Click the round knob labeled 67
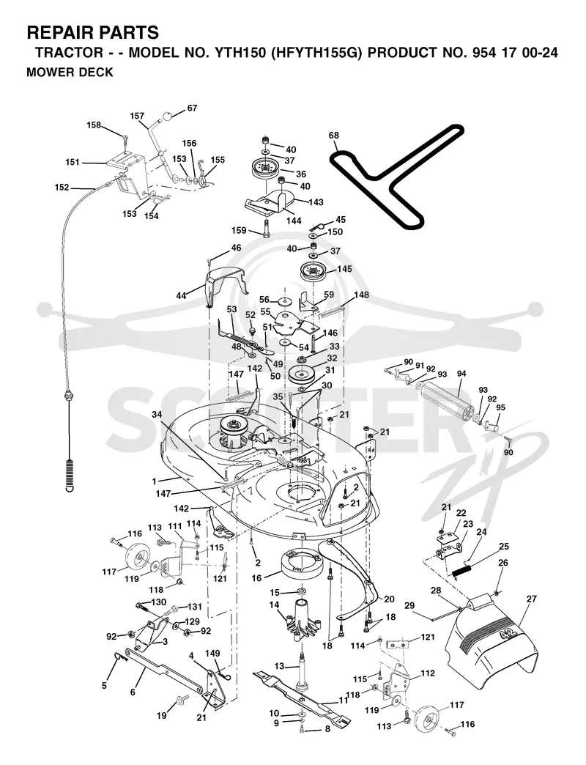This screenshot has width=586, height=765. [168, 116]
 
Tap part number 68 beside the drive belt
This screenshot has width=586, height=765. [334, 135]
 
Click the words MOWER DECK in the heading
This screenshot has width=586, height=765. [70, 73]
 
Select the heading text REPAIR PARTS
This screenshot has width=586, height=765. [92, 33]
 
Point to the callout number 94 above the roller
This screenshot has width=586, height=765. [461, 374]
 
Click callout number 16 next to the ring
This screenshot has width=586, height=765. [257, 578]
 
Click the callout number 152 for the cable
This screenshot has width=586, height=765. [62, 188]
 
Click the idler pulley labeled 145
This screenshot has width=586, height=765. [314, 271]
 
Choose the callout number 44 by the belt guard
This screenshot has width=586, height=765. [182, 296]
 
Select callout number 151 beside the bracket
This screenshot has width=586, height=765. [73, 162]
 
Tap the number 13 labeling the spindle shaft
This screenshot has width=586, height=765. [279, 667]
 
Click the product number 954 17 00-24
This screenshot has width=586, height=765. [515, 53]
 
